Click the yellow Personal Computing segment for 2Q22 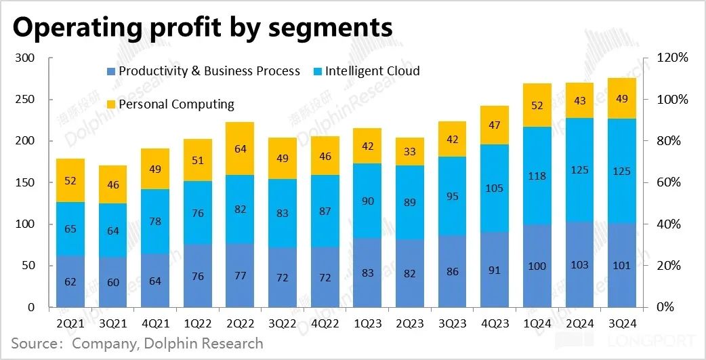point(239,148)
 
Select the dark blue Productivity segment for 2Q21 point(70,281)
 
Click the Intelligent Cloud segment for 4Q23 point(495,188)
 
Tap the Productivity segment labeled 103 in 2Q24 point(579,264)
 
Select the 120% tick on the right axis point(673,58)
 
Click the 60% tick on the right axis point(671,183)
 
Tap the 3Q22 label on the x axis point(282,324)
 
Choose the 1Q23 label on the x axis point(367,324)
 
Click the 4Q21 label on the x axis point(154,324)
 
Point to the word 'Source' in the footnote point(34,344)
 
